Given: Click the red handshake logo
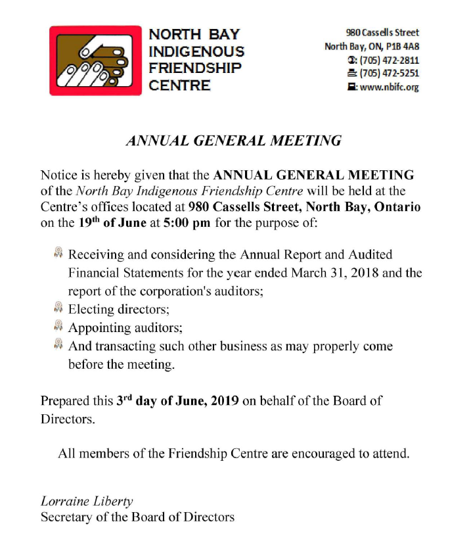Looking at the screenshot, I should pos(96,60).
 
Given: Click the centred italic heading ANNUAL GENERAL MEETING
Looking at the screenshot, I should pos(234,140).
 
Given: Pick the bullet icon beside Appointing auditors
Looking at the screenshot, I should pos(58,325).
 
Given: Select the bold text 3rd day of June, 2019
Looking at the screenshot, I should pos(178,400).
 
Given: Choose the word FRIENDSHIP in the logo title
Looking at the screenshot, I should pos(196,68).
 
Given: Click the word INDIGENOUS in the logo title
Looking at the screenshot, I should pos(197,51).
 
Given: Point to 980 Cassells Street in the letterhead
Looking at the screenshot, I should pos(382,32).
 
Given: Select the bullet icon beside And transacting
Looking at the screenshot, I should pos(58,344).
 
